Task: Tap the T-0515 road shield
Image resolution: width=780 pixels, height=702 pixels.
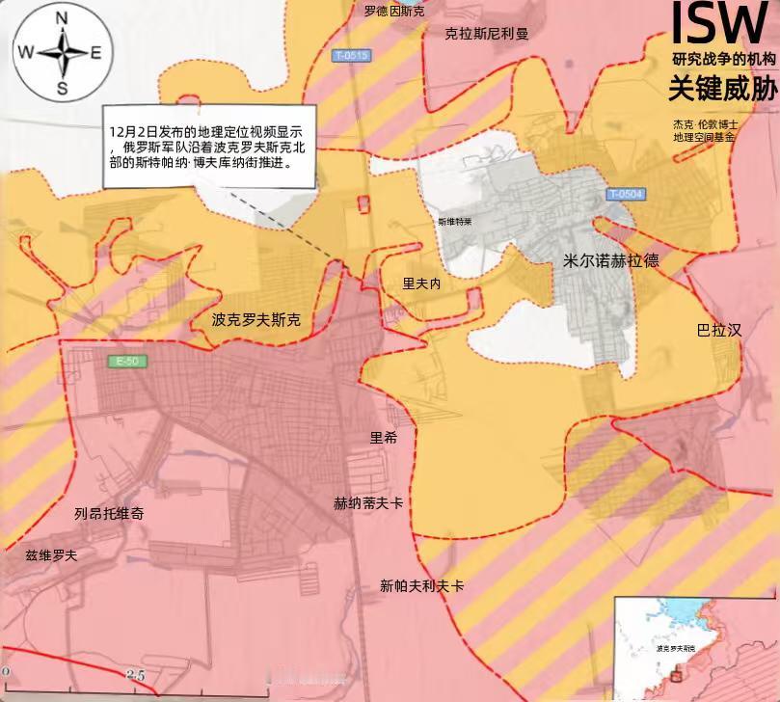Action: [x=353, y=55]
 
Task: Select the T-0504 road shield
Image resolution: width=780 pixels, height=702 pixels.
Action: [x=627, y=194]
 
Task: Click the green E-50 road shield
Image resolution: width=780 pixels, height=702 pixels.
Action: [x=126, y=362]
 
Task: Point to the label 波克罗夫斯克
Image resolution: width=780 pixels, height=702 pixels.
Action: [x=256, y=319]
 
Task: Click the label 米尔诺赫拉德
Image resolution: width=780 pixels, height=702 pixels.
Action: [x=611, y=260]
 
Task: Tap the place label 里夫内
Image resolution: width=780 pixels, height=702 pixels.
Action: [x=421, y=283]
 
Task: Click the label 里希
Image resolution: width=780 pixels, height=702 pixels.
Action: [x=384, y=437]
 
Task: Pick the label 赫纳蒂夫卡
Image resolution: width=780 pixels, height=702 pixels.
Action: [x=368, y=502]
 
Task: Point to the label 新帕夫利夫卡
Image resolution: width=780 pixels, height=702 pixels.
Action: [x=421, y=585]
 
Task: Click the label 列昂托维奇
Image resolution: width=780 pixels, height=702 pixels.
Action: [x=109, y=514]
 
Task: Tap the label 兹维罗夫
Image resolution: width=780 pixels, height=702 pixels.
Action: [x=51, y=555]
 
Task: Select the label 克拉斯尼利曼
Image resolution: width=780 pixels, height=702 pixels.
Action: [x=487, y=34]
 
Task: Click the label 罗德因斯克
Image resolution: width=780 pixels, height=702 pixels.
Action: [x=393, y=12]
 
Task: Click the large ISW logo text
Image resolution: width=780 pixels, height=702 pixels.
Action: [x=718, y=24]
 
